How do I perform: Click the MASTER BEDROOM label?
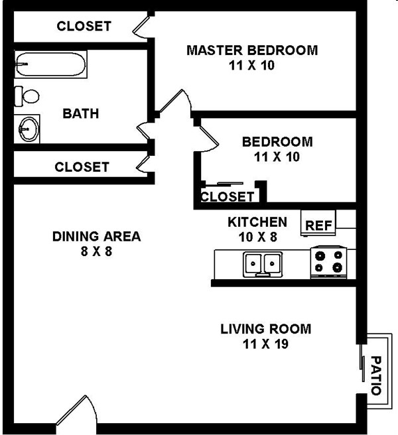pos(251,50)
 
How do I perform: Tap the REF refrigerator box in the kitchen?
pos(319,224)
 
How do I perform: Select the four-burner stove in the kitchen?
pos(330,261)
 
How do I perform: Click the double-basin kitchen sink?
pos(263,264)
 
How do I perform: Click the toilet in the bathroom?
pos(27,96)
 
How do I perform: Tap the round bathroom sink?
pos(28,127)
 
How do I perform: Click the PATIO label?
pos(375,375)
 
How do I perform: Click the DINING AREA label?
pos(97,236)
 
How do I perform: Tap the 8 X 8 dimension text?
pos(97,251)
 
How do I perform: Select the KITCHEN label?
pos(257,221)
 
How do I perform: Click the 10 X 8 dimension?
pos(257,236)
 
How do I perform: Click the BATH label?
pos(80,113)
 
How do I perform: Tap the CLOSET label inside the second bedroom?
pos(227,197)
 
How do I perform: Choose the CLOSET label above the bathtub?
pos(84,27)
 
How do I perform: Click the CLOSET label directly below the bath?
pos(82,167)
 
